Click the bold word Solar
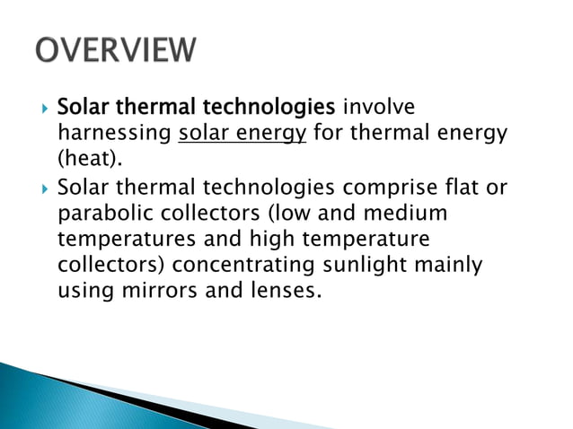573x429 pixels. tap(82, 108)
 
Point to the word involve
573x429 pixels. tap(379, 108)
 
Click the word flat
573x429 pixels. tap(463, 188)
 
